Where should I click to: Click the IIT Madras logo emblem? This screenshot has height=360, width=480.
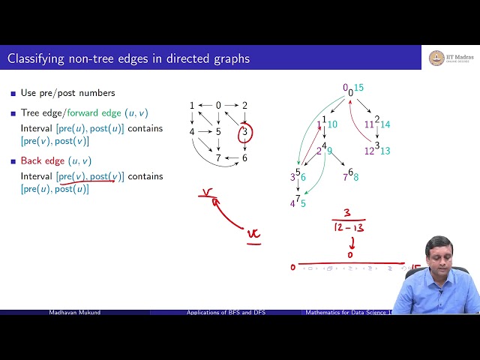coord(436,58)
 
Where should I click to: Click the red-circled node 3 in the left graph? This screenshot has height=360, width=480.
coord(244,133)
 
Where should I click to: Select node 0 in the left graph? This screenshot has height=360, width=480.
coord(218,106)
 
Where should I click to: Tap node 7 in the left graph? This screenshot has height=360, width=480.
coord(218,158)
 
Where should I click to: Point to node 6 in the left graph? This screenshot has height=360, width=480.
coord(244,158)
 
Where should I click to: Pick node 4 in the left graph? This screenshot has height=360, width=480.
coord(192,132)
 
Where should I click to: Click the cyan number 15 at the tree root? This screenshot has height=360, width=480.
coord(359,88)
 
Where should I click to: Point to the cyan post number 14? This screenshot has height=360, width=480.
coord(385,124)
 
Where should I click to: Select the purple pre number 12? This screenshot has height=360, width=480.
coord(369,151)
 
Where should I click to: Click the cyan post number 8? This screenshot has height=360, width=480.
coord(355,177)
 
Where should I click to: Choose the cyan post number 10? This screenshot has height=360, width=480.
coord(332,124)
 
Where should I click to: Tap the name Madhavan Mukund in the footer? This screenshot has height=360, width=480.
coord(74,312)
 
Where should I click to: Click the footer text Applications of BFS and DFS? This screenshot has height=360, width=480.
coord(227,312)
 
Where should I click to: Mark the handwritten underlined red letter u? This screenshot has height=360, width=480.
coord(255,234)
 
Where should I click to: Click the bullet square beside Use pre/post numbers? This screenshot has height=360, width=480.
coord(13,93)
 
